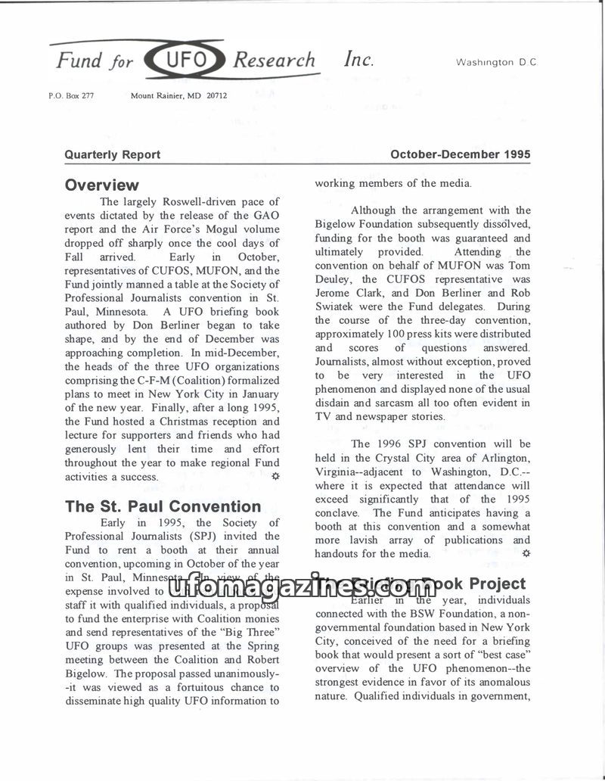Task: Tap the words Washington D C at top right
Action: [496, 63]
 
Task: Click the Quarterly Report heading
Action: [113, 154]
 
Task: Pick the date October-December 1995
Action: [460, 154]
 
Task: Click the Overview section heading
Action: [102, 185]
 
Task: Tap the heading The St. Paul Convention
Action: [163, 506]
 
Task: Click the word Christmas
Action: [177, 422]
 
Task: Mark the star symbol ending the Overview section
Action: [275, 476]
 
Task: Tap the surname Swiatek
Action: [337, 306]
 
